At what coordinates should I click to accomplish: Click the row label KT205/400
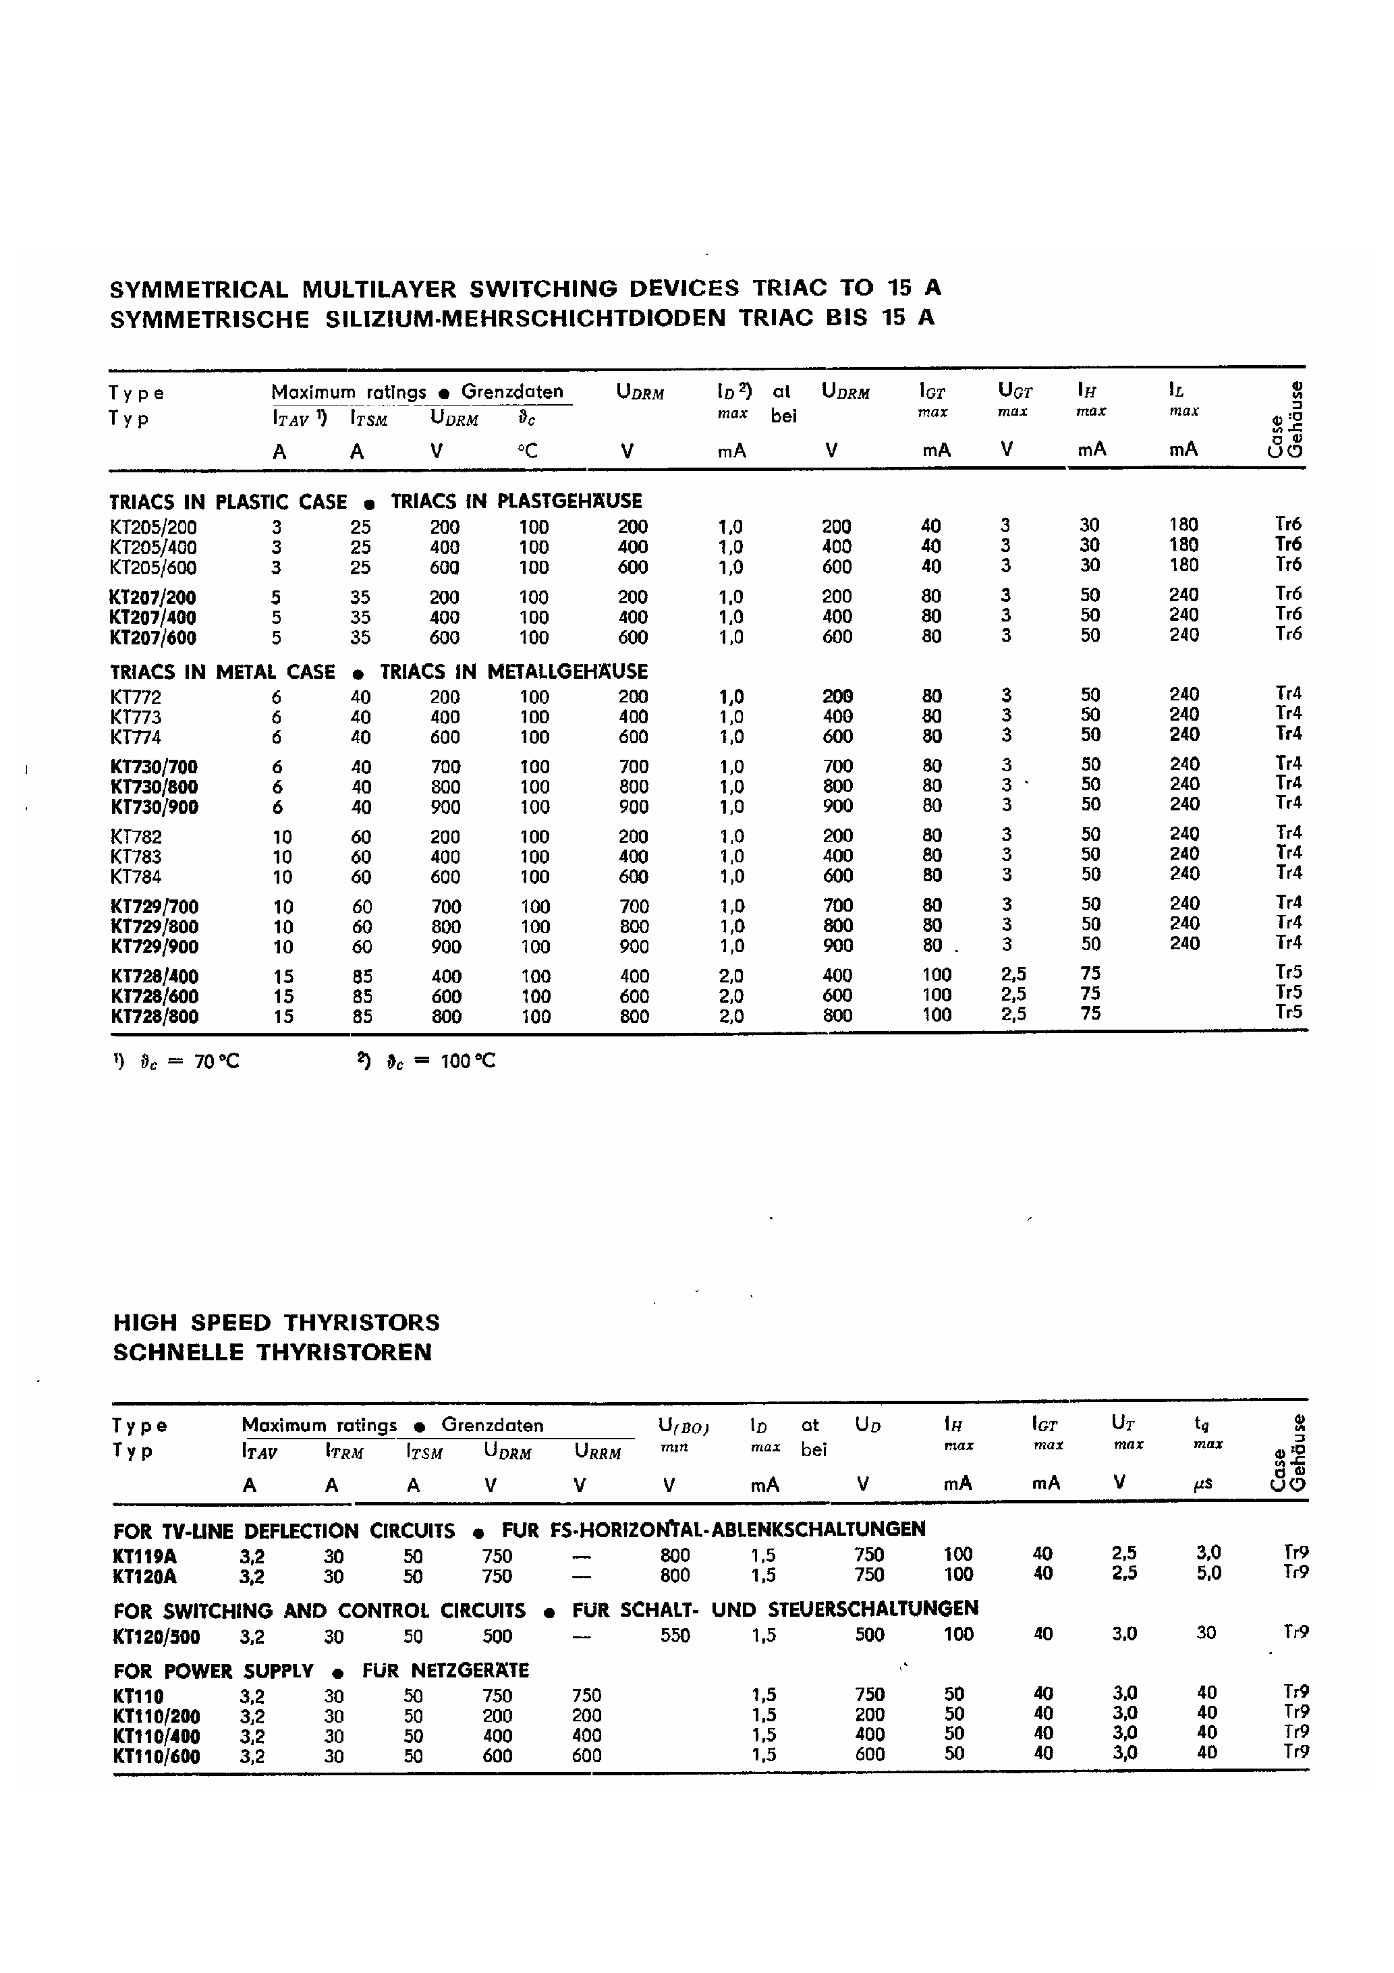pos(153,547)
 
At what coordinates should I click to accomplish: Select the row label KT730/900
pos(154,807)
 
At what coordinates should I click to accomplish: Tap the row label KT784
pos(136,877)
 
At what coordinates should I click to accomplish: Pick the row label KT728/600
pos(154,996)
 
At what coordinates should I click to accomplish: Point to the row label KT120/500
pos(156,1636)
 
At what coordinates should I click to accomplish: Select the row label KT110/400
pos(156,1737)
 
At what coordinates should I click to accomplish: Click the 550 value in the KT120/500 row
pos(675,1636)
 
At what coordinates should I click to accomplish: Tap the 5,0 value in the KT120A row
pos(1208,1574)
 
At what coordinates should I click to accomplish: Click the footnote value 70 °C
pos(217,1062)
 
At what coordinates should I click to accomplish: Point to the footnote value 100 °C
pos(468,1061)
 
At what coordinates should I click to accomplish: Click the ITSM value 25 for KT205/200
pos(360,527)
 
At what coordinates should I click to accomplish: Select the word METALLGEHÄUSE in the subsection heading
pos(567,671)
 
